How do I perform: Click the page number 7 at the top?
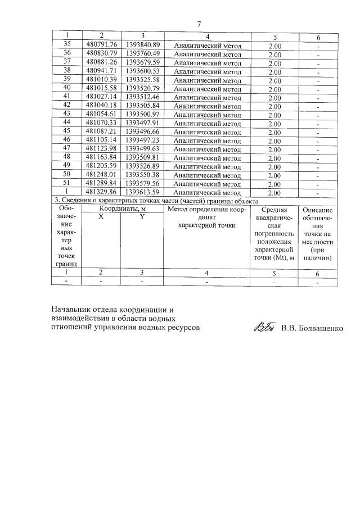[199, 23]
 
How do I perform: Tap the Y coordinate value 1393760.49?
[142, 54]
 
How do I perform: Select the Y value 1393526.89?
[142, 166]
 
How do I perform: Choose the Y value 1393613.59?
[142, 192]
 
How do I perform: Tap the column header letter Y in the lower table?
[142, 217]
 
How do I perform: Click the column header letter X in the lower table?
[101, 217]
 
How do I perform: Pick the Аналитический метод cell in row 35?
[207, 46]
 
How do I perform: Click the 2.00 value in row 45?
[274, 131]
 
